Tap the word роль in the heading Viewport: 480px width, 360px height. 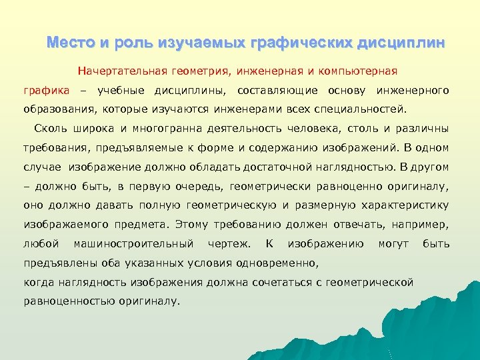pyautogui.click(x=136, y=43)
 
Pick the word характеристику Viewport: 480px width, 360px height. pyautogui.click(x=406, y=205)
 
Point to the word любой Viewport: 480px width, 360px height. pyautogui.click(x=41, y=244)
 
